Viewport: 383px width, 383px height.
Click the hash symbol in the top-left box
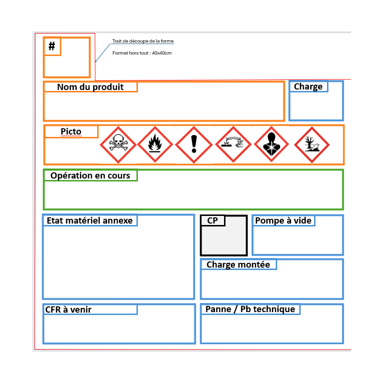[52, 46]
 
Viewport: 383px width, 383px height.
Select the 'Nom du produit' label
[90, 87]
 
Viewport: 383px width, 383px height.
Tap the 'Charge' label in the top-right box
[308, 87]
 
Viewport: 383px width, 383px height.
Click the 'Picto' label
[71, 131]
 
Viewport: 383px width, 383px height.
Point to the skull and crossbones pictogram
[118, 145]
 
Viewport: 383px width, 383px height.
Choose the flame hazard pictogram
[155, 145]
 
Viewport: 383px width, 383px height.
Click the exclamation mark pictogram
[194, 145]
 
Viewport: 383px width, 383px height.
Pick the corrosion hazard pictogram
[233, 145]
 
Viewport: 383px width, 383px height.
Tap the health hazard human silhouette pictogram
[271, 144]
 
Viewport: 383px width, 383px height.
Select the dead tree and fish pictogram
[312, 145]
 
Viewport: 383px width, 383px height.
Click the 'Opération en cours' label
[90, 176]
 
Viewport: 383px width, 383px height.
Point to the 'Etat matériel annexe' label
[90, 221]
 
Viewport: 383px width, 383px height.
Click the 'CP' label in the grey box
[212, 221]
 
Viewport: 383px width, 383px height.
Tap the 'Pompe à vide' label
[283, 221]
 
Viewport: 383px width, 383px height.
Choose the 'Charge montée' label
[238, 265]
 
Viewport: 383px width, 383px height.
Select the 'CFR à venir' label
[68, 310]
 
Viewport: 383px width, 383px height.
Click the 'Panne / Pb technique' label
[250, 309]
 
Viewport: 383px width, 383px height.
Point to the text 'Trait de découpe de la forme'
[143, 41]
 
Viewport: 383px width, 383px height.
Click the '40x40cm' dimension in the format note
[162, 53]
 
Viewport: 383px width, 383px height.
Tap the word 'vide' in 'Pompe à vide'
[303, 221]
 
